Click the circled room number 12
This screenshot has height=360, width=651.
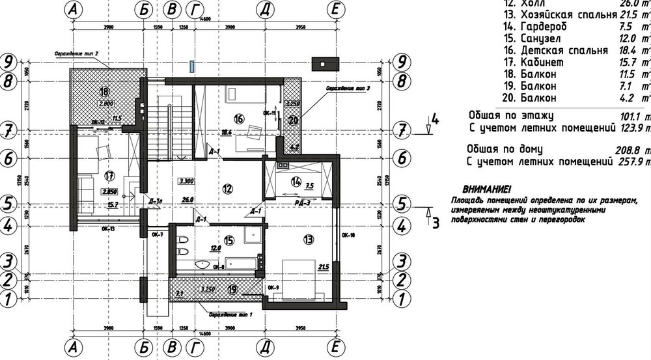(227, 189)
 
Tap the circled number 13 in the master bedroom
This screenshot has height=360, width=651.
(308, 240)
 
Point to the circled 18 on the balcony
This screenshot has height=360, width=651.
(104, 91)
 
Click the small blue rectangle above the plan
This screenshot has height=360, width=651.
(192, 66)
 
